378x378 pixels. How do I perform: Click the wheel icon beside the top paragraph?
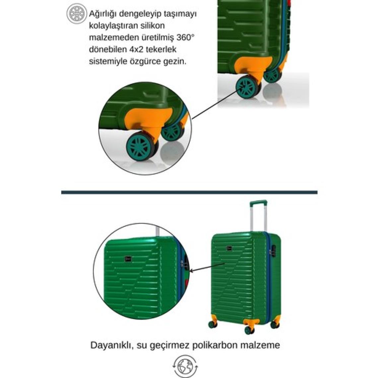[x=76, y=14]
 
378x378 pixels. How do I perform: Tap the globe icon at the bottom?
[x=185, y=366]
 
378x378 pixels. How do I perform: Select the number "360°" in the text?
[x=185, y=37]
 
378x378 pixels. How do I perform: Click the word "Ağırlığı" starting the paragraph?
[x=103, y=14]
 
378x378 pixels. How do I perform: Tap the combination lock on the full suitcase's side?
[x=273, y=251]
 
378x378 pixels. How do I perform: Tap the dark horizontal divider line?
[x=189, y=192]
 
